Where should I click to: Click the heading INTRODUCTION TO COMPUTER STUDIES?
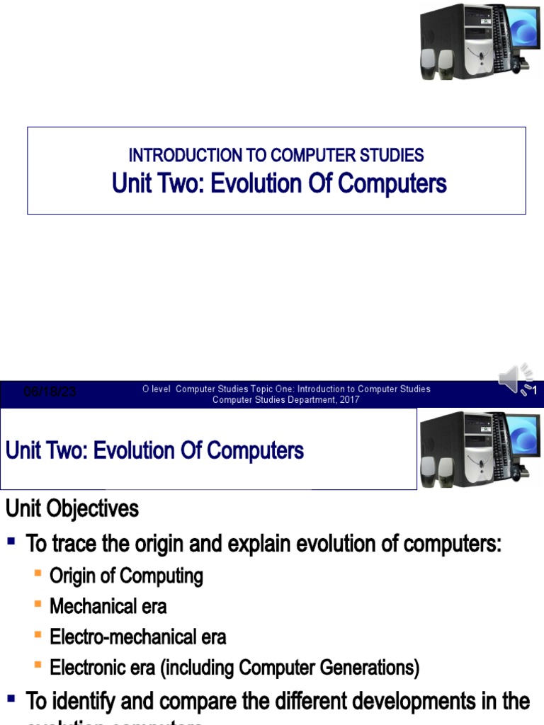click(x=276, y=155)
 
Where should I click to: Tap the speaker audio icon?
click(x=515, y=379)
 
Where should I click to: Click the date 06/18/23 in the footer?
click(x=50, y=392)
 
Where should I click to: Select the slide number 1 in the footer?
click(x=535, y=391)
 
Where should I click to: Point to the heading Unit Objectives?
click(x=72, y=508)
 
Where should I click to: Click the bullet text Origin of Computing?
click(x=126, y=576)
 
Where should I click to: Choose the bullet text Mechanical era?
click(x=108, y=607)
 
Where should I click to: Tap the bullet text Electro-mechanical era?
click(x=138, y=637)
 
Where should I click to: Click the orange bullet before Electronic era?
click(x=38, y=666)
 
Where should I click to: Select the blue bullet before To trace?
click(x=12, y=543)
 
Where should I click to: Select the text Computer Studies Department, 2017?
click(x=286, y=400)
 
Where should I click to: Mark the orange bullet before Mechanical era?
click(x=38, y=605)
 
